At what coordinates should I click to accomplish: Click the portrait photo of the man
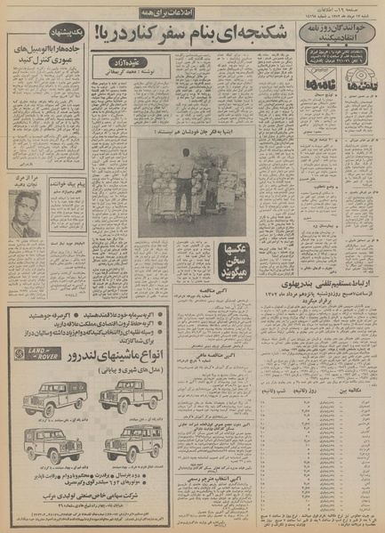(24, 214)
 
